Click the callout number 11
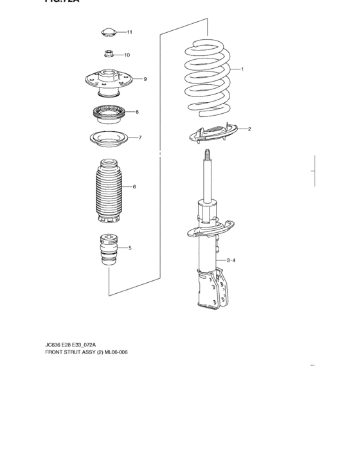[x=129, y=32]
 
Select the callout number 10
[x=127, y=55]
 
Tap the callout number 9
[x=145, y=79]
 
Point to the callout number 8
[x=137, y=112]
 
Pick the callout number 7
[x=140, y=138]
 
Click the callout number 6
[x=134, y=187]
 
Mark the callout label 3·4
[x=231, y=260]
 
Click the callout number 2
[x=249, y=129]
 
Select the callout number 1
[x=242, y=69]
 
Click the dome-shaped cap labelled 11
[x=109, y=32]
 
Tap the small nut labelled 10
[x=109, y=55]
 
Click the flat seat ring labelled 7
[x=108, y=138]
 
